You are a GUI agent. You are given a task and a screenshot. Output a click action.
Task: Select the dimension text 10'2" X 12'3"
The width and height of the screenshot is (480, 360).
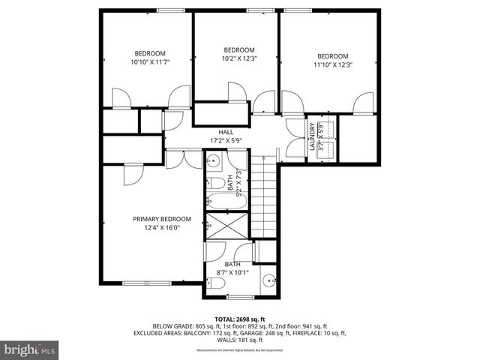coord(238,58)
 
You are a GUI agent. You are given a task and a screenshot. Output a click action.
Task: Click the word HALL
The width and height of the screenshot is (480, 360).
coord(215,131)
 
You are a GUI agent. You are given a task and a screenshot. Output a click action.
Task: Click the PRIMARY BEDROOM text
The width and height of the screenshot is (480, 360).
coord(162,219)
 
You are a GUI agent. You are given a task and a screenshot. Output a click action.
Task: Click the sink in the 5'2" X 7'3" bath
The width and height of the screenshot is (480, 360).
coord(213,161)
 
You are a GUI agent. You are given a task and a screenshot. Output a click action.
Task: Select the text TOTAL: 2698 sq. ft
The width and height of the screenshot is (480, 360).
coord(240,318)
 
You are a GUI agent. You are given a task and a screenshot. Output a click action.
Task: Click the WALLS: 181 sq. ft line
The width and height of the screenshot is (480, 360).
coord(240,340)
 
